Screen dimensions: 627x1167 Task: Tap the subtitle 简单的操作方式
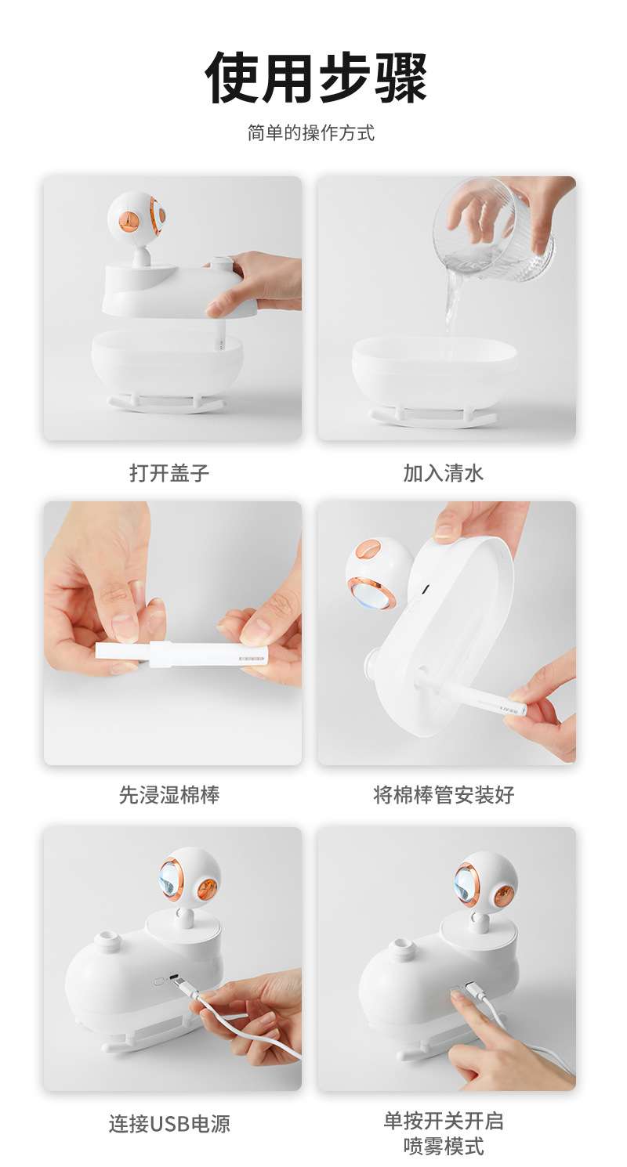click(311, 133)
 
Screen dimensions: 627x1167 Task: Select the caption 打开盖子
click(169, 473)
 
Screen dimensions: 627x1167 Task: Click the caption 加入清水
click(444, 473)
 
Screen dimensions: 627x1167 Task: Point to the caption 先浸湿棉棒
click(169, 795)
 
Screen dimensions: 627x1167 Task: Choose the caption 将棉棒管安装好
click(444, 795)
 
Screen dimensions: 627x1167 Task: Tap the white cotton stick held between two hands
click(182, 654)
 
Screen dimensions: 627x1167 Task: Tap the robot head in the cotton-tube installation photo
click(379, 572)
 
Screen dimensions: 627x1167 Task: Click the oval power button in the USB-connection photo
click(159, 981)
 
